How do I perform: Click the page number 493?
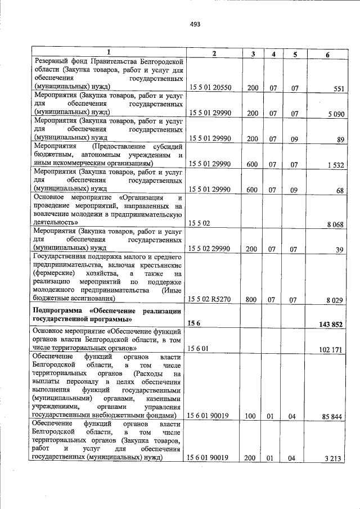click(x=195, y=24)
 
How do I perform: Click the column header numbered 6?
click(x=327, y=54)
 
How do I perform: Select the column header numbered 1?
click(x=109, y=52)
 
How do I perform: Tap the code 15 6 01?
click(x=199, y=349)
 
